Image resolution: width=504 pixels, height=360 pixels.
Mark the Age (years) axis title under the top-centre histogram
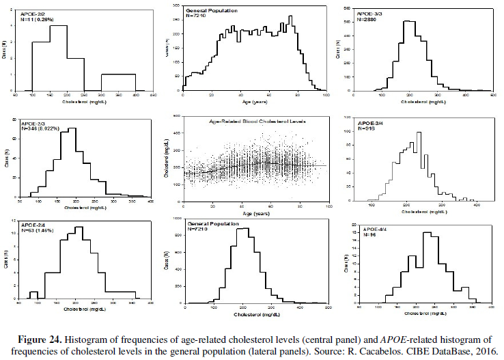coord(251,98)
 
